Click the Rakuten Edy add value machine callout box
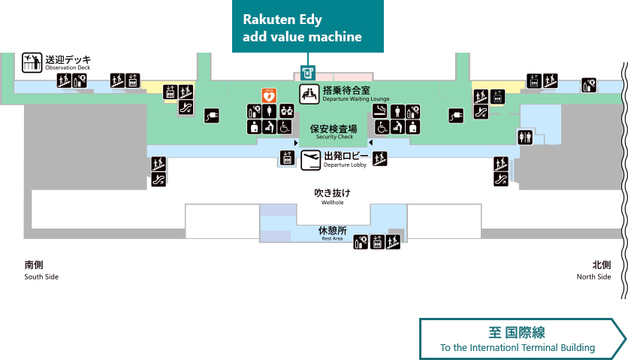click(307, 26)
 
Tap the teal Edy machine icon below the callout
click(307, 74)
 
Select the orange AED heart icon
click(269, 95)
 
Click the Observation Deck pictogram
click(32, 62)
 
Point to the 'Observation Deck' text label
click(68, 68)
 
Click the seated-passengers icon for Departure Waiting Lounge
click(309, 94)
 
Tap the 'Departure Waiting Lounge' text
click(356, 98)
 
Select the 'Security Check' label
click(334, 137)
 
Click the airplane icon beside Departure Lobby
click(311, 160)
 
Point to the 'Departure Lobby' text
click(345, 165)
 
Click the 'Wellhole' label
click(333, 202)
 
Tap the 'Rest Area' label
click(333, 238)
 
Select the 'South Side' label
click(41, 277)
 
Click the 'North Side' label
click(593, 277)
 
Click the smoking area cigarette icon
click(379, 111)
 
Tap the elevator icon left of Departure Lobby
click(287, 158)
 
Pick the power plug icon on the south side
click(212, 116)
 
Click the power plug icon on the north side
click(456, 116)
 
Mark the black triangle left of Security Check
click(296, 143)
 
